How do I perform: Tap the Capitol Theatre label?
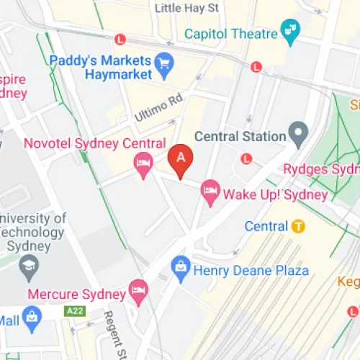point(230,33)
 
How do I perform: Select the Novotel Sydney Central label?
point(94,144)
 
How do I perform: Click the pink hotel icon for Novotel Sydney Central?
point(143,166)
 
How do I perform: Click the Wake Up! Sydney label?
point(274,194)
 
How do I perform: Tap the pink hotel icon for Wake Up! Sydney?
point(210,192)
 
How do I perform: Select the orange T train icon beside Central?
point(299,226)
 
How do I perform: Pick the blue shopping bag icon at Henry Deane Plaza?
point(181,268)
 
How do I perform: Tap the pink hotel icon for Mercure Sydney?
point(137,292)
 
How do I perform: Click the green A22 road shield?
point(73,310)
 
